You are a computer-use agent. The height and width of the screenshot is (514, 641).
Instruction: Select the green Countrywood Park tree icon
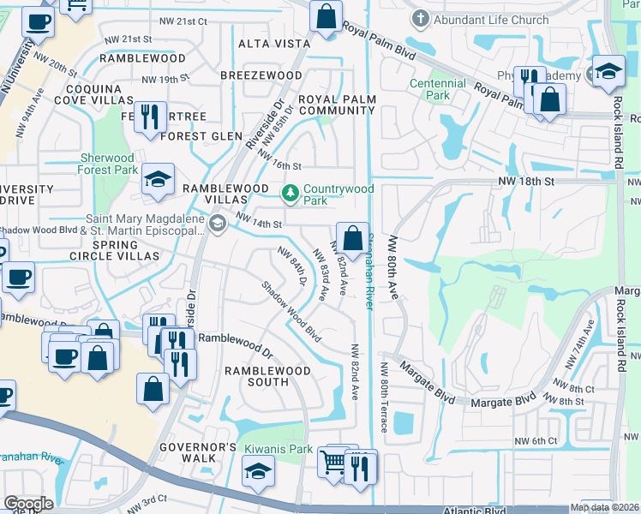click(291, 191)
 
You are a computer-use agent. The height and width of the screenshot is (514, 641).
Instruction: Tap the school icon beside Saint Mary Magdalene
click(218, 224)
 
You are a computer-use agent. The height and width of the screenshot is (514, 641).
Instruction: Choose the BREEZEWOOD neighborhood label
click(261, 75)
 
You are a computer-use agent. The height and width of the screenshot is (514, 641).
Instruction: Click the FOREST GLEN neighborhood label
click(195, 135)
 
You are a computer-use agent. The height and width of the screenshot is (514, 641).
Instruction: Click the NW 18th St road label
click(528, 182)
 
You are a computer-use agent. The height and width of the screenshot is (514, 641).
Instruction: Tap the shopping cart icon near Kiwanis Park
click(332, 462)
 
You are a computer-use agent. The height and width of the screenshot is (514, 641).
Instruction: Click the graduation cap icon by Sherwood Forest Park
click(158, 179)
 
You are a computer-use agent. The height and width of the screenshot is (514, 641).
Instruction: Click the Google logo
click(28, 504)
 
